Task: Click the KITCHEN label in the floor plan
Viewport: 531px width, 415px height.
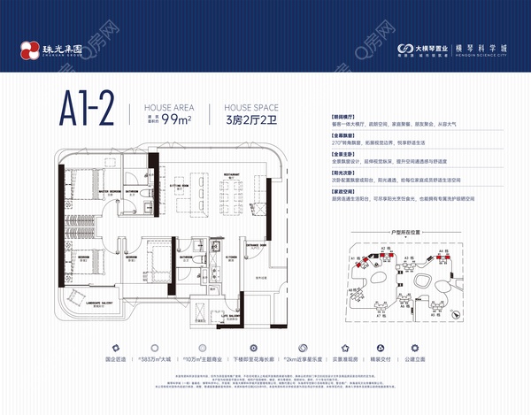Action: pyautogui.click(x=206, y=257)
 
